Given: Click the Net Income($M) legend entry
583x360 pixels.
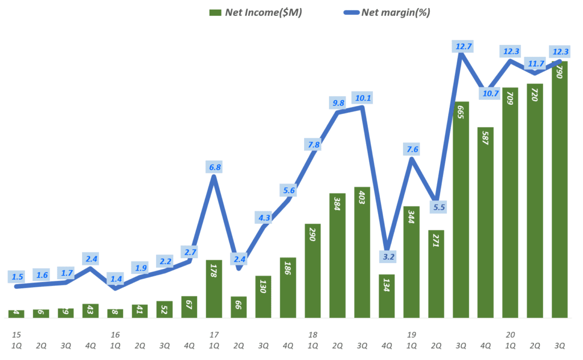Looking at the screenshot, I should pos(256,13).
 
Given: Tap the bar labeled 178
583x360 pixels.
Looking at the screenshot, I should pos(214,289).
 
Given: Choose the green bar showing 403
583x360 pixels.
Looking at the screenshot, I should pos(362,252).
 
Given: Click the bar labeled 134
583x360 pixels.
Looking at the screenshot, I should pos(387,296).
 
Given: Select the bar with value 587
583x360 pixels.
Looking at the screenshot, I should pos(486,222).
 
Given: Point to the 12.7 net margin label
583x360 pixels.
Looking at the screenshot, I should pos(462,46).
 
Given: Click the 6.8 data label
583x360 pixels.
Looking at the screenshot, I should pos(215,167).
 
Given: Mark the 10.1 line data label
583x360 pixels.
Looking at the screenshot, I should pos(362,98).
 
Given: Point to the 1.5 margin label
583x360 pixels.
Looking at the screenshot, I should pos(17,277).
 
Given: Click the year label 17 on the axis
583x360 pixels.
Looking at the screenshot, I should pos(214,334).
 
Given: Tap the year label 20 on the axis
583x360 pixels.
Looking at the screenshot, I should pos(510,334).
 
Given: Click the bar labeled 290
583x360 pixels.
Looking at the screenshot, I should pos(313,271).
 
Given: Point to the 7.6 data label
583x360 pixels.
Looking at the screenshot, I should pos(412,150).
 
